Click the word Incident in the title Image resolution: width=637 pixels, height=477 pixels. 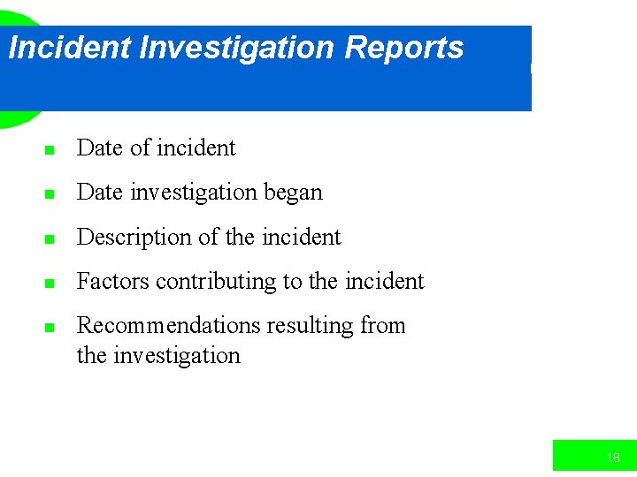69,48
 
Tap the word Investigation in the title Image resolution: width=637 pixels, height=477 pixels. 238,48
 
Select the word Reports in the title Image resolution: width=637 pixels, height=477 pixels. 403,48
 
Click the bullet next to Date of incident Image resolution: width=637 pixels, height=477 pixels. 50,150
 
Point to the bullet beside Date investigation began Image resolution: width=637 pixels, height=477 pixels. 50,194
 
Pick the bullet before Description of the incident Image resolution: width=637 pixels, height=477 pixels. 50,239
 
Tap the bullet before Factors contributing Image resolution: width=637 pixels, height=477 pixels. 50,284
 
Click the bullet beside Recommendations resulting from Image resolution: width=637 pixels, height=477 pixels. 50,328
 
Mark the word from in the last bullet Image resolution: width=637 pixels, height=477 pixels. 383,326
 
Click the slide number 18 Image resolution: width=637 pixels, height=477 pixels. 613,458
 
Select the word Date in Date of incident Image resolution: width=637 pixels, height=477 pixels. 100,148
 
